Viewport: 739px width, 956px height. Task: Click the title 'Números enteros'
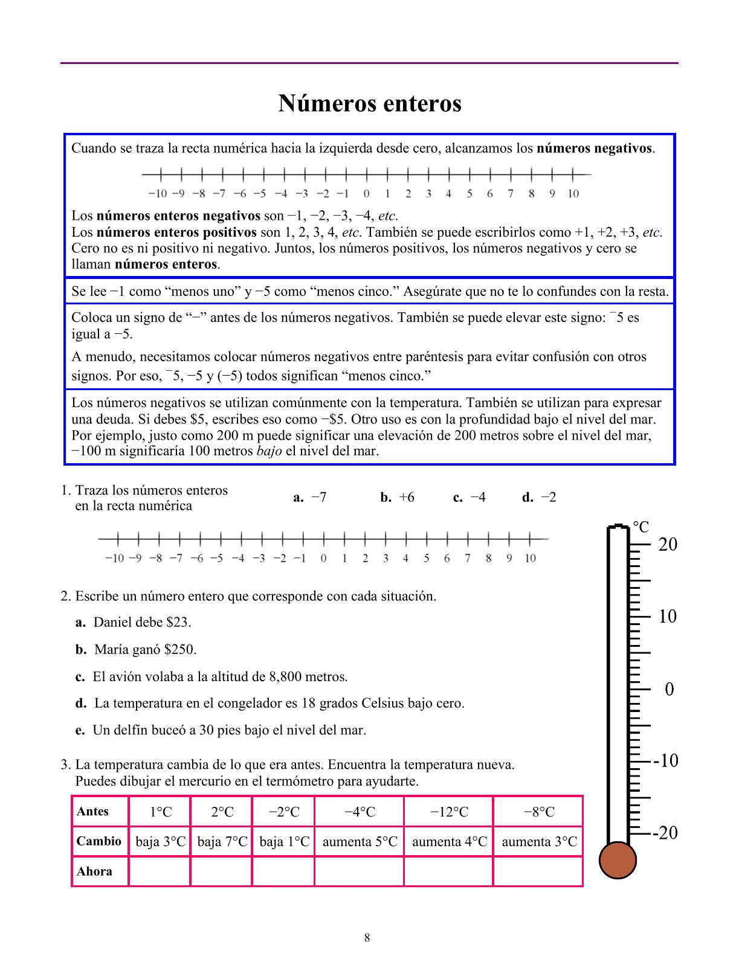(370, 103)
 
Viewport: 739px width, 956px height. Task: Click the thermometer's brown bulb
(618, 860)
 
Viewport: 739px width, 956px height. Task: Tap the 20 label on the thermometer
(668, 544)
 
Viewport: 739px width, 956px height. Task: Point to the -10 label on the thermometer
(666, 760)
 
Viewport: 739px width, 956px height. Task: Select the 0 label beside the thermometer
(669, 689)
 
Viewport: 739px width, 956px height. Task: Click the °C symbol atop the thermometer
(641, 527)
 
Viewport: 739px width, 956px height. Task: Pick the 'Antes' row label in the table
(93, 812)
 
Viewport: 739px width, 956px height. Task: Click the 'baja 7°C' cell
(222, 841)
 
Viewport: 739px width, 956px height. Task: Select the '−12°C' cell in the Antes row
(449, 812)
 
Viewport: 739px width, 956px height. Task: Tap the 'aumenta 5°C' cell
(360, 841)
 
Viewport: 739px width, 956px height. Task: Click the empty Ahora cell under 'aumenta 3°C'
(538, 871)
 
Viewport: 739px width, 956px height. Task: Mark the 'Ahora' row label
(94, 871)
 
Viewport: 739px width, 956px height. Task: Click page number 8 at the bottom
(367, 938)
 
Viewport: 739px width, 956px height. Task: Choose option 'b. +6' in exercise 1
(398, 498)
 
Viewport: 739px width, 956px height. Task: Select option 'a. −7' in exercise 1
(310, 498)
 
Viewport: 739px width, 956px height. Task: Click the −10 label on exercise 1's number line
(114, 558)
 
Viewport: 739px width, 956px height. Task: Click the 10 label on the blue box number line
(573, 193)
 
